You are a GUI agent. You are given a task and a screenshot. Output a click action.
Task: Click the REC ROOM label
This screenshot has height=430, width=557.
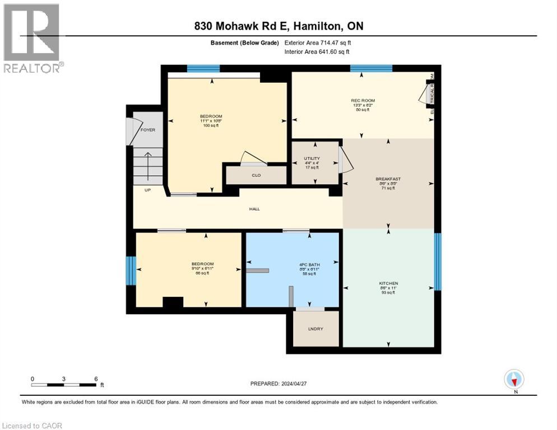coord(359,101)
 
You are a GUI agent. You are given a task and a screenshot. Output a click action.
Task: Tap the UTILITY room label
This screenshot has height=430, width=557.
coord(312,158)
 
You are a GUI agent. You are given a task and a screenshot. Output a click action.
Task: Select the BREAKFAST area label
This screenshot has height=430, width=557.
coord(388,179)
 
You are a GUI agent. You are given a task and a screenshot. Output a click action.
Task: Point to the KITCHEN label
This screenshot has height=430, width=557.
coord(388,283)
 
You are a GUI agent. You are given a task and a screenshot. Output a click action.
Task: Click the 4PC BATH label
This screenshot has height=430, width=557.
coord(292,264)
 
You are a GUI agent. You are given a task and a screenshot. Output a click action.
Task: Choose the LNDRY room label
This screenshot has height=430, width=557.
coord(315,329)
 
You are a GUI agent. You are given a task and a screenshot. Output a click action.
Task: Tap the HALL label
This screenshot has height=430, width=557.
coord(254,209)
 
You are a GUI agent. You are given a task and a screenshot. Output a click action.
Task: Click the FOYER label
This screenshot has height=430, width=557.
coord(148,130)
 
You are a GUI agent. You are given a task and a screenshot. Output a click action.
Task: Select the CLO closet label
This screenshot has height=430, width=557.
coord(256,175)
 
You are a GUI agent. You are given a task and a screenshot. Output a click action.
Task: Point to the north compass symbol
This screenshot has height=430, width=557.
coord(514,379)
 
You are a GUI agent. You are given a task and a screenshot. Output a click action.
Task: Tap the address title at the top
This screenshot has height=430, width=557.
coord(278,26)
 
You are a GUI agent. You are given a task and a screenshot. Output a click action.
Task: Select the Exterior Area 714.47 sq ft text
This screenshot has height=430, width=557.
coord(317,43)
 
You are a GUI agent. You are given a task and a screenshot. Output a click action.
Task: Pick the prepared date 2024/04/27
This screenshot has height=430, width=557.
coord(280,384)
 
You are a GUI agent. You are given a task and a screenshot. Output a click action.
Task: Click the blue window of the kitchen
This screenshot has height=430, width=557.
coord(438,261)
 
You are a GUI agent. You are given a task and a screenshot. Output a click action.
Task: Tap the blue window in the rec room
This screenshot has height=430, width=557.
coord(371,68)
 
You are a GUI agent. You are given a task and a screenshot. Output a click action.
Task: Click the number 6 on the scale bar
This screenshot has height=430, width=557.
coord(96,378)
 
